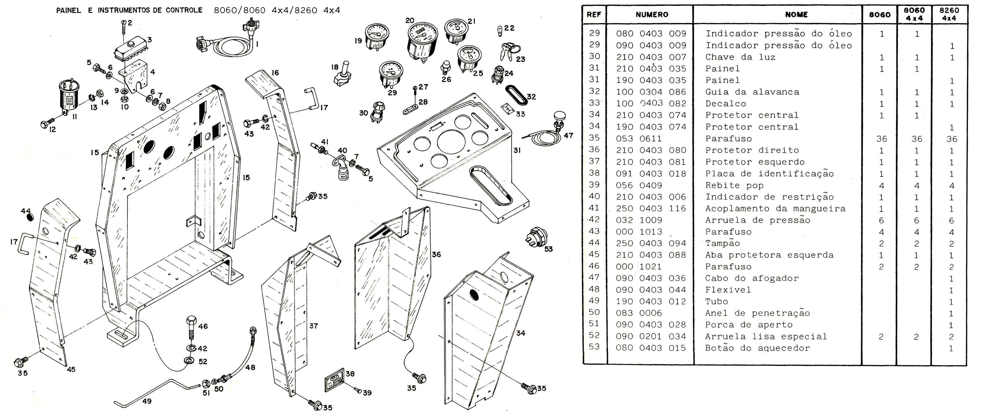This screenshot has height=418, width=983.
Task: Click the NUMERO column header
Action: pos(652,15)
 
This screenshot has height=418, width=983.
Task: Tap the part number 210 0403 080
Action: pos(651,150)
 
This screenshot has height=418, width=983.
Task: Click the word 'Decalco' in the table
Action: pos(725,104)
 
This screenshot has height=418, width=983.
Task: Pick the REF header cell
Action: pos(594,15)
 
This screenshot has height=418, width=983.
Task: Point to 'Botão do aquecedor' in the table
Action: pos(757,348)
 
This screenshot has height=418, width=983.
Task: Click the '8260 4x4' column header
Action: pos(949,14)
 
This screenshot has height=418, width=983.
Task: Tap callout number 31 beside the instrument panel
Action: pos(517,150)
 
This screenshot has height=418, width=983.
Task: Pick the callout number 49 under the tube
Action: pos(147,401)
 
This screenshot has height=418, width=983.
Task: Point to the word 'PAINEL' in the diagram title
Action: pos(69,10)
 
